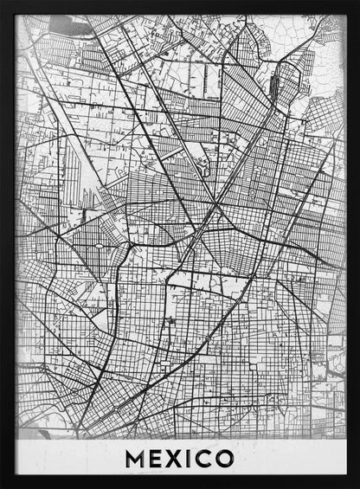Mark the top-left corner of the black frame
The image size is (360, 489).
(3, 3)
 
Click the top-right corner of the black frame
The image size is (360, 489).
(357, 3)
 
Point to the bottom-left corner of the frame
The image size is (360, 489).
(3, 486)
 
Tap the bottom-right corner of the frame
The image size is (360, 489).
(357, 486)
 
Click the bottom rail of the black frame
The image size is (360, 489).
(180, 483)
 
